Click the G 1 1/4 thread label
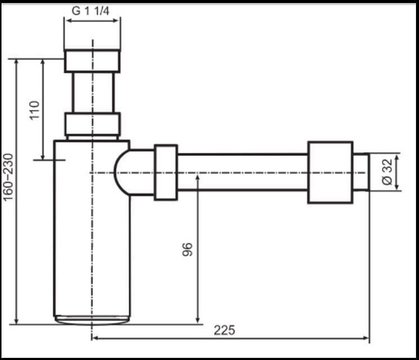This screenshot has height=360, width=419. [x=92, y=12]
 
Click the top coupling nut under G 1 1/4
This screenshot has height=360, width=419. [x=92, y=60]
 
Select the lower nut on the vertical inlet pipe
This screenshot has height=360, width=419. [x=92, y=125]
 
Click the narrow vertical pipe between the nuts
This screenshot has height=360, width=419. [x=92, y=92]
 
